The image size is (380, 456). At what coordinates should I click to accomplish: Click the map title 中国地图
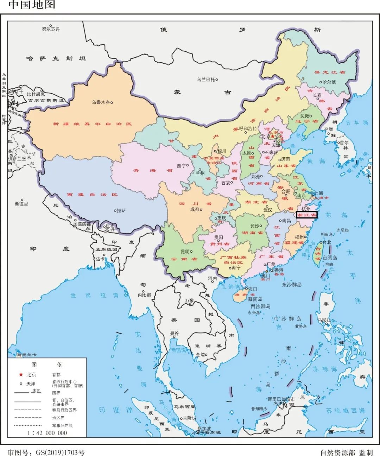pyautogui.click(x=32, y=5)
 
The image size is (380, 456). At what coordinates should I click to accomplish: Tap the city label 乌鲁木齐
pyautogui.click(x=101, y=102)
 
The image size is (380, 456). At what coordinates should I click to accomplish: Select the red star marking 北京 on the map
pyautogui.click(x=273, y=137)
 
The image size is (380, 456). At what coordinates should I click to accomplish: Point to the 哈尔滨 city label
pyautogui.click(x=329, y=82)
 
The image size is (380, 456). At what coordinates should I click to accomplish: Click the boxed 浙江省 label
pyautogui.click(x=306, y=215)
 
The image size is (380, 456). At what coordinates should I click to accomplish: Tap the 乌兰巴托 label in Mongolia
pyautogui.click(x=205, y=80)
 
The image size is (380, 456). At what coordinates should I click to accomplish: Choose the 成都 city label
pyautogui.click(x=195, y=209)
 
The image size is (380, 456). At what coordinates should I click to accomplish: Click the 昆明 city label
pyautogui.click(x=185, y=252)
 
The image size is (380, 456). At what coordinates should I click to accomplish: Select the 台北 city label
pyautogui.click(x=327, y=242)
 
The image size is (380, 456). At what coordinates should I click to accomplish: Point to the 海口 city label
pyautogui.click(x=253, y=289)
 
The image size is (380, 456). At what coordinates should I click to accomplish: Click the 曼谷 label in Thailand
pyautogui.click(x=174, y=333)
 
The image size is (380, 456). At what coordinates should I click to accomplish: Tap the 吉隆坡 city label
pyautogui.click(x=190, y=418)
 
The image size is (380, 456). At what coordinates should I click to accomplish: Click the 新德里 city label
pyautogui.click(x=21, y=204)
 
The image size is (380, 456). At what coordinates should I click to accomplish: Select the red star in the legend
pyautogui.click(x=21, y=375)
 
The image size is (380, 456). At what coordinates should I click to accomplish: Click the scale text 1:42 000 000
pyautogui.click(x=47, y=433)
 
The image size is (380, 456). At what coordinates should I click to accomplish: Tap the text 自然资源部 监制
pyautogui.click(x=346, y=452)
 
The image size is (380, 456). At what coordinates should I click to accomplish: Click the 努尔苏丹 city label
pyautogui.click(x=51, y=29)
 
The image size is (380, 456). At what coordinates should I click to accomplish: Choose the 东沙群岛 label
pyautogui.click(x=292, y=285)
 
